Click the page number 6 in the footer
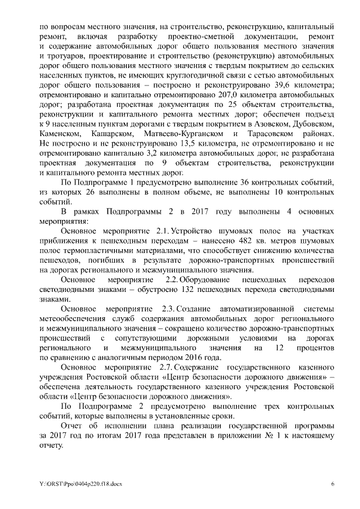tap(332, 484)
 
